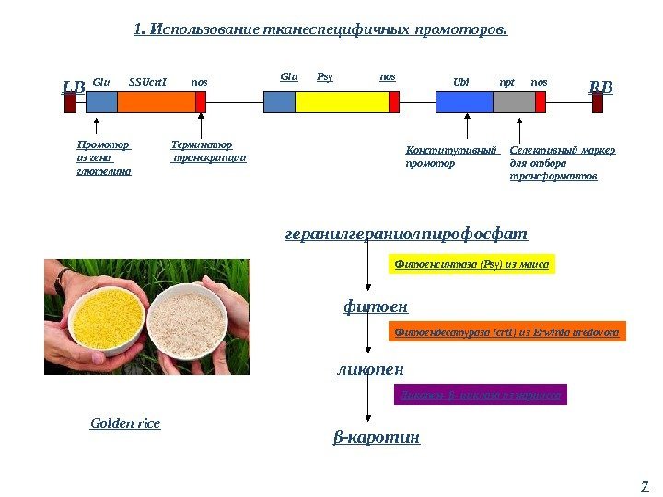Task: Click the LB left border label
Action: coord(73,87)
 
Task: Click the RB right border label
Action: coord(600,87)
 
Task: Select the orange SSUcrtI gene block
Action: coord(156,101)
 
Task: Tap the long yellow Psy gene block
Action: coord(341,101)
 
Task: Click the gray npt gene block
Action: coord(514,101)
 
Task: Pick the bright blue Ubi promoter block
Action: coord(463,101)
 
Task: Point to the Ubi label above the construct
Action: coord(460,82)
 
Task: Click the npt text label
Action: coord(506,82)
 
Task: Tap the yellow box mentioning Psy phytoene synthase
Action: coord(471,265)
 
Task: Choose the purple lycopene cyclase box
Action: coord(480,396)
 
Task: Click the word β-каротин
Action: coord(376,437)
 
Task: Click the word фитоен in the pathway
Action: coord(375,306)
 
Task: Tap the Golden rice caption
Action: coord(125,423)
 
